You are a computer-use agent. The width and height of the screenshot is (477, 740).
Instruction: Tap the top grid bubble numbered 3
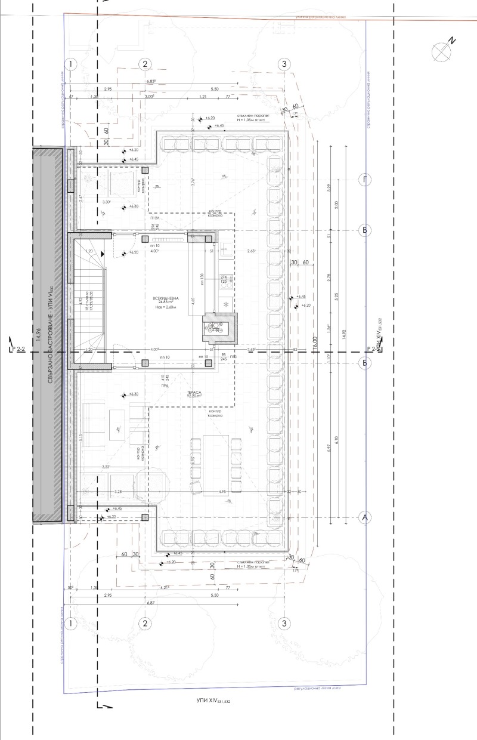[x=284, y=64]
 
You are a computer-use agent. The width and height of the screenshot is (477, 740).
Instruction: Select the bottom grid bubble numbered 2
[x=144, y=623]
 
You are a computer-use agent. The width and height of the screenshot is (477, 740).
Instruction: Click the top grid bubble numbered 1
[x=72, y=64]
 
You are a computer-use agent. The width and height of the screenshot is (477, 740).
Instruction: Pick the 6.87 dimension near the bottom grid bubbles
[x=145, y=603]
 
